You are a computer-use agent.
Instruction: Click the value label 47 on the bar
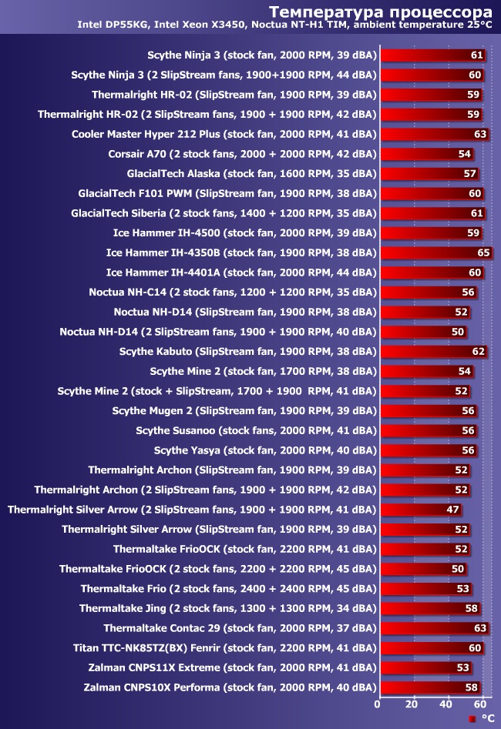pos(453,509)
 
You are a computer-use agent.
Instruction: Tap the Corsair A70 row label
pos(242,154)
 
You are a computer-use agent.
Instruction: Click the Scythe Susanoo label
pos(256,430)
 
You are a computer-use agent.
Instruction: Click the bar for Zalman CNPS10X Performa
pos(423,687)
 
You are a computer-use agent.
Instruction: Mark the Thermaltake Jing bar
pos(423,608)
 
